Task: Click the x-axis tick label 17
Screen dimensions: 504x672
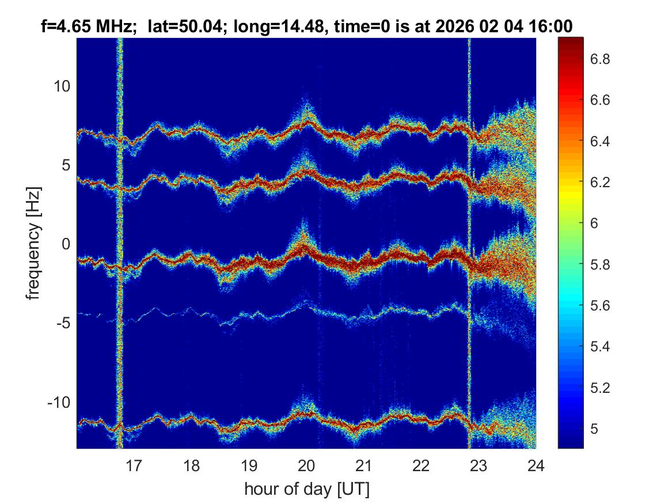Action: [134, 465]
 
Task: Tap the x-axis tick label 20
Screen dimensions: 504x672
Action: [306, 465]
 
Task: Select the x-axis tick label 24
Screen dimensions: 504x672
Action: [536, 465]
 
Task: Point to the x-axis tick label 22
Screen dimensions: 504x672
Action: [421, 465]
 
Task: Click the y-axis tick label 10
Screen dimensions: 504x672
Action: [61, 86]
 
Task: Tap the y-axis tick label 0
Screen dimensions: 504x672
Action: [64, 244]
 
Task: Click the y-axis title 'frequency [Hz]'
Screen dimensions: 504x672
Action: [34, 242]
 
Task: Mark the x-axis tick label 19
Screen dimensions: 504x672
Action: [249, 465]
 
